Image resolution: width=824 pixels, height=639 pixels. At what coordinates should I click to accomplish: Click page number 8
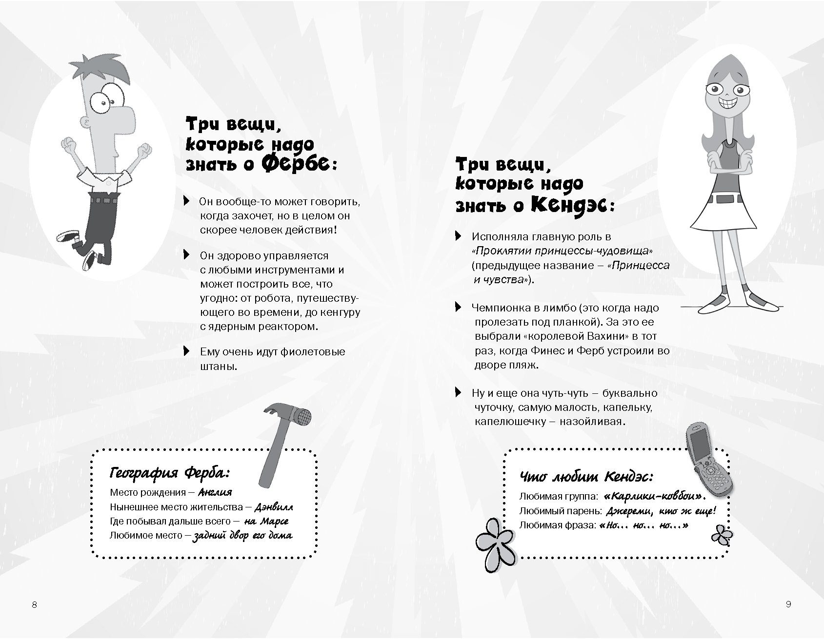[x=34, y=605]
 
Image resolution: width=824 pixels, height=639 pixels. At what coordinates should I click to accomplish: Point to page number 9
[x=789, y=604]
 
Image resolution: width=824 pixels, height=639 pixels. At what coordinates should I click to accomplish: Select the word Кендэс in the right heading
[x=566, y=205]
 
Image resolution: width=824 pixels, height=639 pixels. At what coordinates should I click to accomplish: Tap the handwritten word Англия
[x=216, y=492]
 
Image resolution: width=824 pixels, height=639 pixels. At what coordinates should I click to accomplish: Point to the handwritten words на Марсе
[x=266, y=521]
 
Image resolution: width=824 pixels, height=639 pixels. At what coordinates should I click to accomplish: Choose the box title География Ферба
[x=170, y=473]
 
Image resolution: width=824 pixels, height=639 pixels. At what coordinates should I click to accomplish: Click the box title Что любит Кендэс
[x=587, y=476]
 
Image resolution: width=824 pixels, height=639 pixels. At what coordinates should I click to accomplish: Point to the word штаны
[x=218, y=366]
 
